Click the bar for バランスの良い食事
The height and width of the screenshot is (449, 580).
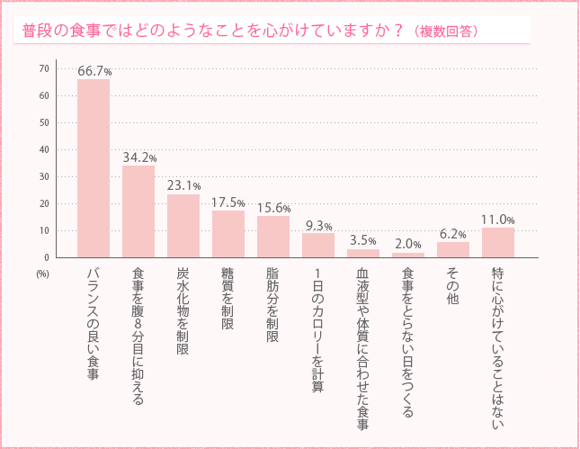(94, 168)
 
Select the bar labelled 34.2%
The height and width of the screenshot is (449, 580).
(138, 211)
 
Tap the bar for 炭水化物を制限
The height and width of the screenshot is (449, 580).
(183, 226)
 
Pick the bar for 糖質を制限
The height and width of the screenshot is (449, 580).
(228, 234)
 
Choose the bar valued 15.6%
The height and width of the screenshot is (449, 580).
(273, 237)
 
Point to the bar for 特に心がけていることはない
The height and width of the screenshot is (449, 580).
(498, 243)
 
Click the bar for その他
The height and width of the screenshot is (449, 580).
(453, 249)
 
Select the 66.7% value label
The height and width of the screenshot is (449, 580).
(94, 70)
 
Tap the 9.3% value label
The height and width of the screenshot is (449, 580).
(318, 226)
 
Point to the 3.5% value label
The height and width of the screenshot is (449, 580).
(363, 240)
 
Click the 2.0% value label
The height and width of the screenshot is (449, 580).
(408, 244)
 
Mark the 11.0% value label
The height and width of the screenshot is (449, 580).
(498, 220)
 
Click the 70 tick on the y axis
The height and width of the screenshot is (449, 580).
(44, 68)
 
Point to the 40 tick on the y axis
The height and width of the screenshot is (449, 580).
(44, 149)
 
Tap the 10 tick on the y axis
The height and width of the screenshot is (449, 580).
(44, 230)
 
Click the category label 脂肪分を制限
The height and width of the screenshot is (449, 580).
(272, 305)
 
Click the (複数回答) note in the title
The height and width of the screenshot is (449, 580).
(447, 31)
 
